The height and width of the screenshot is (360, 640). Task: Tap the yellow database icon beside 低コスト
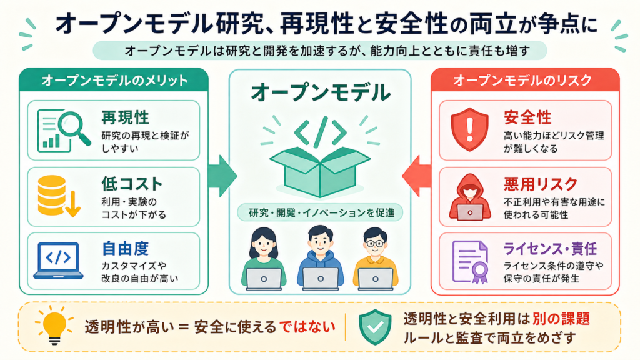(58, 196)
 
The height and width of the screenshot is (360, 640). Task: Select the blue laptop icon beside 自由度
(58, 261)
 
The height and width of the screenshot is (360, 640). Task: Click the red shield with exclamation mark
(469, 129)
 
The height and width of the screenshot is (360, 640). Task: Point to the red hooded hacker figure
(469, 197)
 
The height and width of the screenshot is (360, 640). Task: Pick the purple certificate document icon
(470, 262)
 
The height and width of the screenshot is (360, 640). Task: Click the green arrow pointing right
(222, 176)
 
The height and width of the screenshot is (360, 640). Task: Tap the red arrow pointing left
(417, 176)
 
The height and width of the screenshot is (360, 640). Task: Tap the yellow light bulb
(54, 325)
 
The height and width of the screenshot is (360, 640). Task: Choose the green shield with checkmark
(375, 327)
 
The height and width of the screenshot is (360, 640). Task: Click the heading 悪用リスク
(541, 184)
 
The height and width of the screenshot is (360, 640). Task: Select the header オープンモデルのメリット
(114, 80)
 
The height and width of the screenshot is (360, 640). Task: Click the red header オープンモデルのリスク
(522, 80)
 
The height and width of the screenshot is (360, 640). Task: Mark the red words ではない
(307, 326)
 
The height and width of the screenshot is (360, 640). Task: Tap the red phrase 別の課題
(561, 318)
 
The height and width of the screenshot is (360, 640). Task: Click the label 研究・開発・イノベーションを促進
(321, 212)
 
